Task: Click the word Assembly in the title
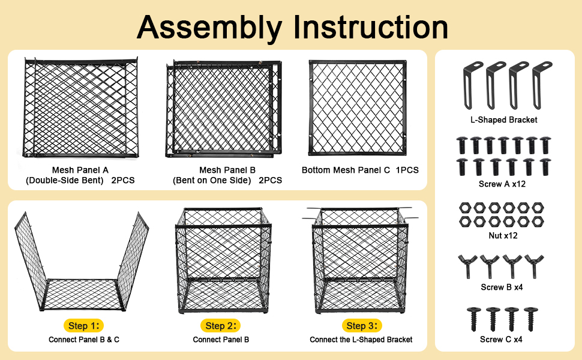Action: [210, 28]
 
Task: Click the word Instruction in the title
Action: [371, 27]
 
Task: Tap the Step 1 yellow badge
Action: [83, 325]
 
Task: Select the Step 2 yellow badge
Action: [220, 325]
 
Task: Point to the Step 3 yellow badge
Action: [362, 325]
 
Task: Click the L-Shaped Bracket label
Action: [503, 119]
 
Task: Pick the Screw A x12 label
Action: [502, 184]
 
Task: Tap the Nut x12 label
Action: [503, 235]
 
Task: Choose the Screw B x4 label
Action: [502, 287]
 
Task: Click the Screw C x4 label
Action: [501, 339]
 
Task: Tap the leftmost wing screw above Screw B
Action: [467, 266]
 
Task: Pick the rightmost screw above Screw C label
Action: [530, 319]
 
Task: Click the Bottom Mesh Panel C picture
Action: [357, 107]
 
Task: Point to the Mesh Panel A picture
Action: [80, 107]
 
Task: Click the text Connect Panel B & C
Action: [84, 339]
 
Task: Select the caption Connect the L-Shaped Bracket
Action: [361, 339]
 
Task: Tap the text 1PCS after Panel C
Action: [407, 170]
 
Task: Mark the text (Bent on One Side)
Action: [212, 181]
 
